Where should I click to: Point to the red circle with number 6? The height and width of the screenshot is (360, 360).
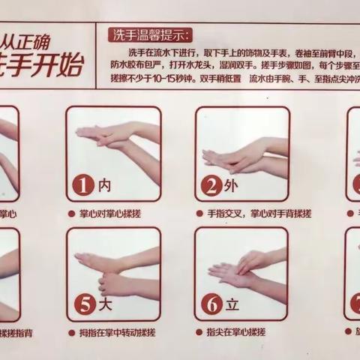coord(213,306)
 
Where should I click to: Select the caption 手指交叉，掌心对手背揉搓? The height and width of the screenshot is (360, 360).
coord(249,214)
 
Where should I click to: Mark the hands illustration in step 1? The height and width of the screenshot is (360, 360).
coord(116,139)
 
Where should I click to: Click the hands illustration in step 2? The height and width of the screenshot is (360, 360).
coord(244,154)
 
